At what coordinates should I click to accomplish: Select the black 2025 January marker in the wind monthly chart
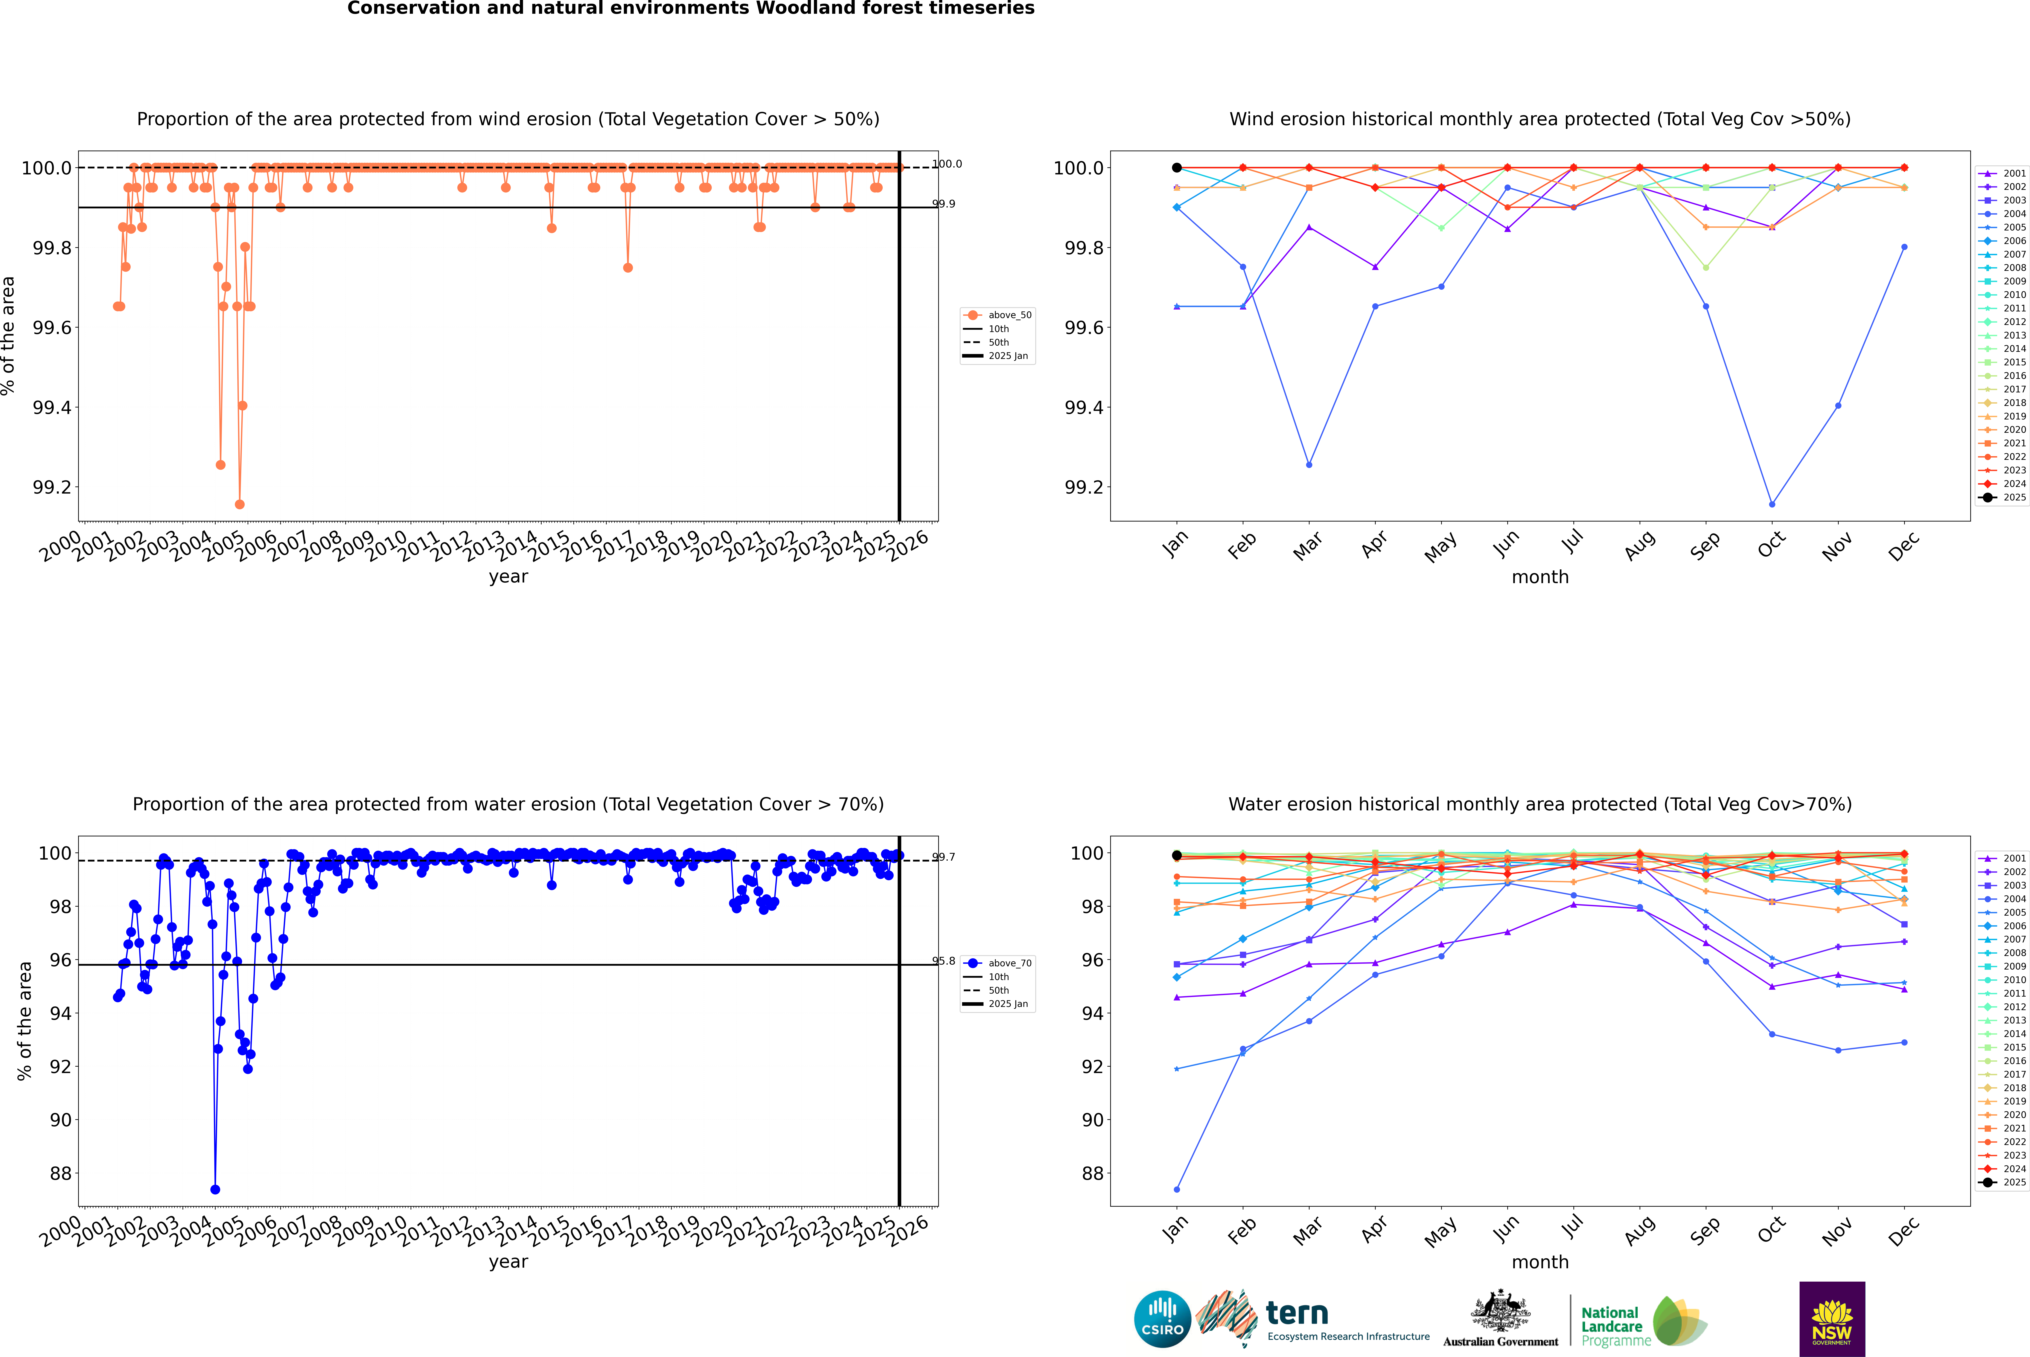(x=1177, y=168)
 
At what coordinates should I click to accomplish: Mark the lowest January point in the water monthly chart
(x=1177, y=1189)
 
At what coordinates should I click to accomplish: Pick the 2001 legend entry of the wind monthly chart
(x=2006, y=173)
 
